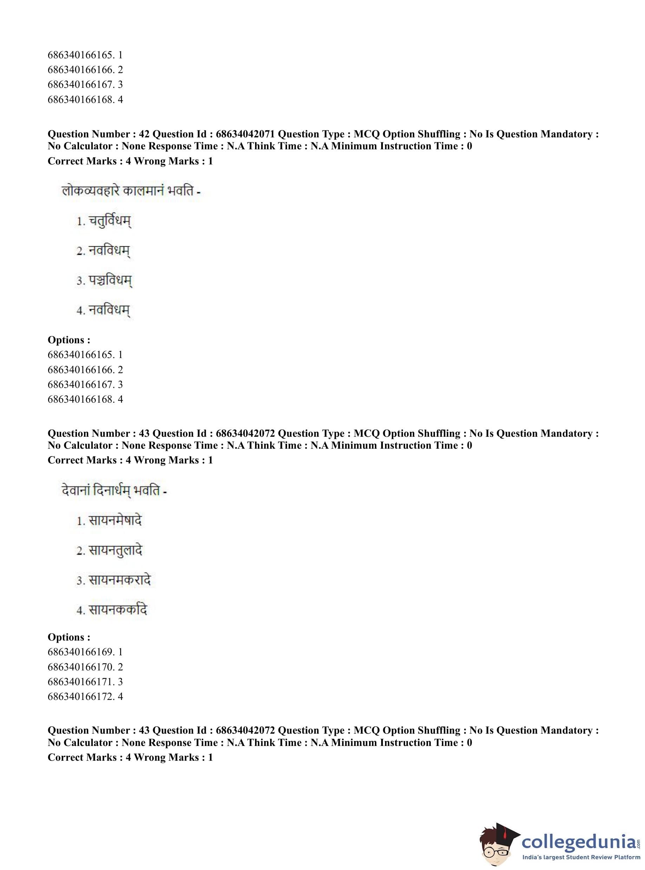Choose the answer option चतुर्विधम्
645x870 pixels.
pos(110,221)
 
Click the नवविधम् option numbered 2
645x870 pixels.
pos(109,251)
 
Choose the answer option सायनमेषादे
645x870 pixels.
pos(115,520)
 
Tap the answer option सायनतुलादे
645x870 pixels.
pos(115,551)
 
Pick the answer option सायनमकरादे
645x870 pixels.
pos(119,580)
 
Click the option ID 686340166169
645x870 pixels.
pos(81,652)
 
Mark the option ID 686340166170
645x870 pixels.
pos(81,667)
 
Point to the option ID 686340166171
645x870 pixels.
pos(81,681)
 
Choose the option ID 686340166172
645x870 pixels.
pos(81,696)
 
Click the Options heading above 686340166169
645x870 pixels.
pos(69,637)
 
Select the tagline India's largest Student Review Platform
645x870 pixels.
pos(581,857)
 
